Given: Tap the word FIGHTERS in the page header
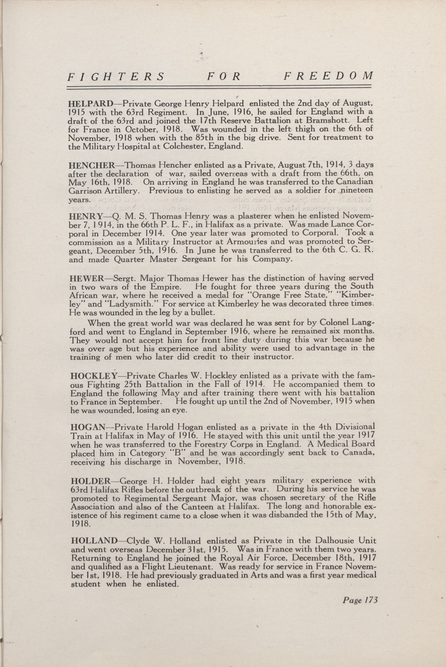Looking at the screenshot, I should (x=116, y=77).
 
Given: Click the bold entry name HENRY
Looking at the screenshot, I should (x=85, y=216).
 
